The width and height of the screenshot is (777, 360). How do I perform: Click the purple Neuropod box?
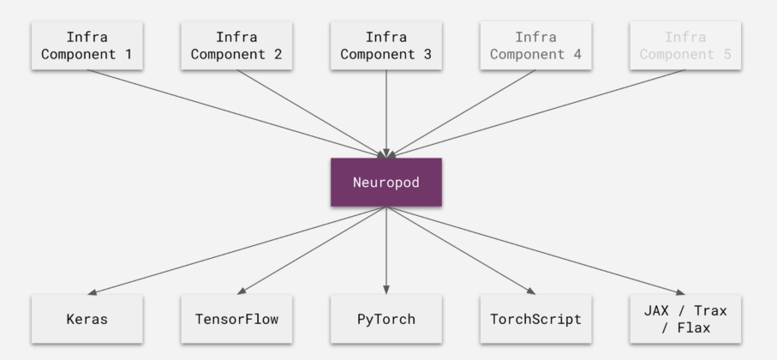pos(386,182)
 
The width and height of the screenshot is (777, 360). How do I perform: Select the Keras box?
pos(87,319)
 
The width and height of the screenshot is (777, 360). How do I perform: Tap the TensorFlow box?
pos(236,319)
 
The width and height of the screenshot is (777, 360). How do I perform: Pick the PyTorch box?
pos(386,319)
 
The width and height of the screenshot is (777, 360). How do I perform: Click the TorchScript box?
pos(535,319)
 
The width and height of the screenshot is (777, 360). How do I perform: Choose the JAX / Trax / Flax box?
pos(685,319)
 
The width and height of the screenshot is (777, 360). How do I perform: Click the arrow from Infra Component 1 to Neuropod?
pos(231,111)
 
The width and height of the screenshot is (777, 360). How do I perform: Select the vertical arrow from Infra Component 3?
pos(386,111)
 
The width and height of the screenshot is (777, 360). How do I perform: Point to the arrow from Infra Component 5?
pos(540,111)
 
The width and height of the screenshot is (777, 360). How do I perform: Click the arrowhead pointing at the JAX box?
pos(681,291)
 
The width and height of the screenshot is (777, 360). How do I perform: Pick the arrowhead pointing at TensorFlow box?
pos(242,291)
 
